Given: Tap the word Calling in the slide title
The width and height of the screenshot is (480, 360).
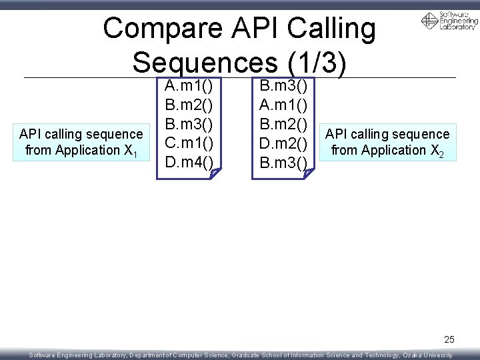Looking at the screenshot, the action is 329,29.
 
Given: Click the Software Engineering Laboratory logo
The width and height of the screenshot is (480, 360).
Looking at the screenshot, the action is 449,21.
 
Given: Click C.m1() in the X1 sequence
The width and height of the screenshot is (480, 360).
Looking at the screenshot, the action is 189,143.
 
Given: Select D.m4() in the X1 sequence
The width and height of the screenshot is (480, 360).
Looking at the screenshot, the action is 189,161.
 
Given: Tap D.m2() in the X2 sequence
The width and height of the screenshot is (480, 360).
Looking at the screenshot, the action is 283,143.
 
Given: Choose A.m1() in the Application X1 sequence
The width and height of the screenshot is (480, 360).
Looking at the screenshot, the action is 189,86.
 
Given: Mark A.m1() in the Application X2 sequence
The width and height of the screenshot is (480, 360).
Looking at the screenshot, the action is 283,105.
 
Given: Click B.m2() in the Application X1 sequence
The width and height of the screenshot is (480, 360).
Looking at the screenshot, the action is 189,105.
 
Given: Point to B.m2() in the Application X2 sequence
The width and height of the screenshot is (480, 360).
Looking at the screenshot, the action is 283,124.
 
